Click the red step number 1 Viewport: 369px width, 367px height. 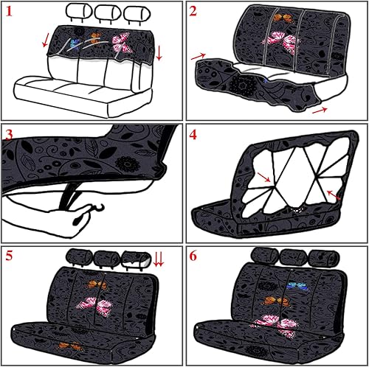point(10,12)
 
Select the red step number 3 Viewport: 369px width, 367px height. point(10,135)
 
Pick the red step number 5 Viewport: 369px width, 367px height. point(10,257)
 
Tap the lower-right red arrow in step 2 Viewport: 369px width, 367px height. point(318,110)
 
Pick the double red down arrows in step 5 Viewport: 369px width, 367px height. point(157,258)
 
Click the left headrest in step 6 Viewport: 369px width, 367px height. point(262,256)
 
